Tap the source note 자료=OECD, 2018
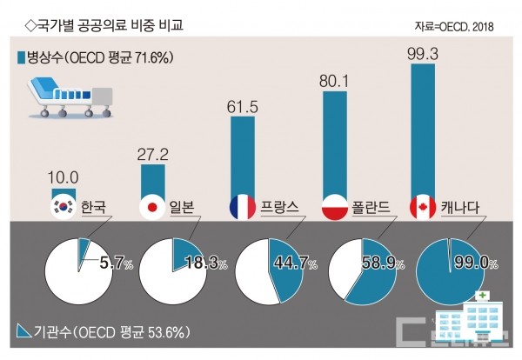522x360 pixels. pos(454,27)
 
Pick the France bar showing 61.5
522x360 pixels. pos(243,157)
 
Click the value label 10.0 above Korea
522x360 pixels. pos(64,177)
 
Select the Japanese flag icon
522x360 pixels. pos(152,207)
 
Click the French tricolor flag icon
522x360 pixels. pos(242,207)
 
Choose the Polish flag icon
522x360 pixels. pos(335,207)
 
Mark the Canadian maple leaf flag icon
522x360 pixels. pos(422,207)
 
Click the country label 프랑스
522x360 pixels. pos(280,207)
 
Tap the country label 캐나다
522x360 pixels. pos(460,207)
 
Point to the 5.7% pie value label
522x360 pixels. pos(112,258)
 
